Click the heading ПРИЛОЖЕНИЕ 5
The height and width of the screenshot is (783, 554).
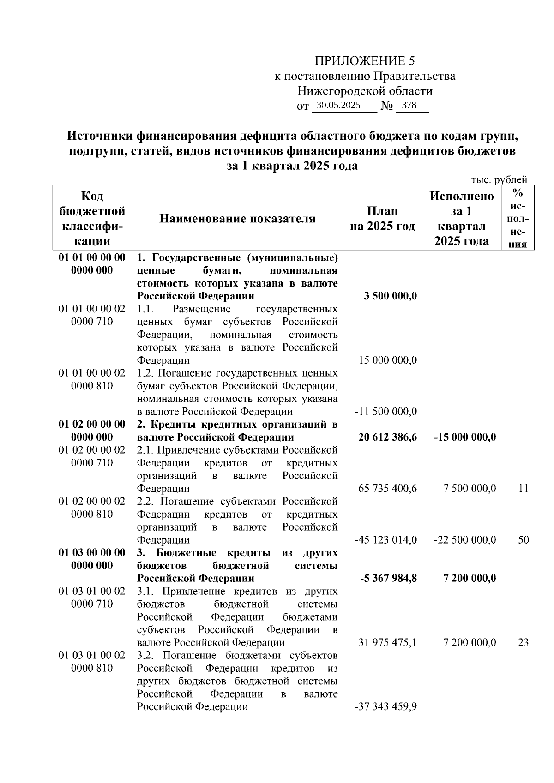point(365,61)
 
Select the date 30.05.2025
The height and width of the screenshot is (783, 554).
point(342,105)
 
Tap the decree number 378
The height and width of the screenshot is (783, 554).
point(409,105)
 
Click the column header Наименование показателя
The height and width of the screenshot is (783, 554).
point(237,219)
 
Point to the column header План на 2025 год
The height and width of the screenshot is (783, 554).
point(382,219)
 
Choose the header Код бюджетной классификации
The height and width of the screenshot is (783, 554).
point(92,219)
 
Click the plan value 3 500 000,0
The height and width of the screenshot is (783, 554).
point(390,296)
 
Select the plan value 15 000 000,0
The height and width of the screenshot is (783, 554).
point(388,360)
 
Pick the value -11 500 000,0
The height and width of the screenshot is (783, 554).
point(386,411)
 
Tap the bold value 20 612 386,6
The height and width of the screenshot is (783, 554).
point(387,437)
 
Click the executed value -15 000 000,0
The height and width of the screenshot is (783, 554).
point(465,437)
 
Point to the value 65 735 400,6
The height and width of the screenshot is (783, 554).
point(387,488)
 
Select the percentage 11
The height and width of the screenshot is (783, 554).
point(523,488)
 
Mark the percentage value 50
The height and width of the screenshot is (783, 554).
point(523,539)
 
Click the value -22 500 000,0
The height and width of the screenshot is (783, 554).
point(465,539)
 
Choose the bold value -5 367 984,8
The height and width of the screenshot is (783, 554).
point(387,578)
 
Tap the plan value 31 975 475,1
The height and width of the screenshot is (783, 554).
point(387,642)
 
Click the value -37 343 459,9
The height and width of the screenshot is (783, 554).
point(386,706)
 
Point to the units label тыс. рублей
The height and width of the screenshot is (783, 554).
point(499,180)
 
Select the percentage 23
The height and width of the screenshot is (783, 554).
point(523,642)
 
